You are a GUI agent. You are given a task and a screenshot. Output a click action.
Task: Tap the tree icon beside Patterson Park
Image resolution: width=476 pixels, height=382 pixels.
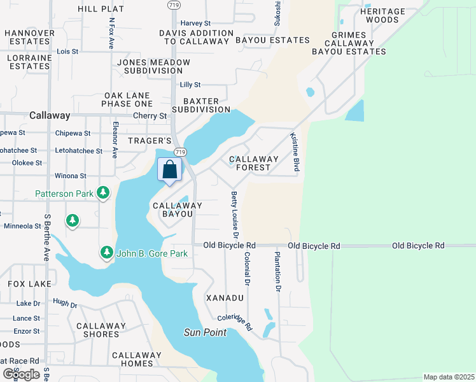(103, 193)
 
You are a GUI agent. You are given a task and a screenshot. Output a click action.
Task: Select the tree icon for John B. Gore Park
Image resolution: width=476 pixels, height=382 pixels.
(106, 253)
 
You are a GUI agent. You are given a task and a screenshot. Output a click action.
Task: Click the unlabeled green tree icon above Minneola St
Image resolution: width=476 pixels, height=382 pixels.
(73, 220)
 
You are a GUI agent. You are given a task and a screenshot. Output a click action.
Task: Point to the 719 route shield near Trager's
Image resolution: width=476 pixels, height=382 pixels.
(180, 152)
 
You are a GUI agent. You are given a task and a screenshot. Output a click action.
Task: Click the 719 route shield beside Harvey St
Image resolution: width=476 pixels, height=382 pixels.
(174, 4)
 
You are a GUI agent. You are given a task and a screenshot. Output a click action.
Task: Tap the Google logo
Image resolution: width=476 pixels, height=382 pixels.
(21, 374)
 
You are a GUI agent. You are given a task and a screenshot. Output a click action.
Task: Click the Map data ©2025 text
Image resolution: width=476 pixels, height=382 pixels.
(448, 377)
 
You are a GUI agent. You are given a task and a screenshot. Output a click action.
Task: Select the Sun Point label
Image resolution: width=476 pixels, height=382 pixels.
(205, 332)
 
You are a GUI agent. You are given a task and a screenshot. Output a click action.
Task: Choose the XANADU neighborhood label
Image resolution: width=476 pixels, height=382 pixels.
(225, 298)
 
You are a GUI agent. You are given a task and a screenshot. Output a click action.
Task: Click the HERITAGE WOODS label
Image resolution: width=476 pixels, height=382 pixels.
(382, 16)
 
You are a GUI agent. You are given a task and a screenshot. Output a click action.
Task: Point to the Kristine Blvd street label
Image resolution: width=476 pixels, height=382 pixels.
(295, 152)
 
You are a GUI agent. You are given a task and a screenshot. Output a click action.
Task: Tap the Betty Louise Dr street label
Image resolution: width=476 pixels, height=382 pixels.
(234, 215)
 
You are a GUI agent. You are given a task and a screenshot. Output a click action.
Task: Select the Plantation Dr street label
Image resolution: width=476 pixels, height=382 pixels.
(277, 272)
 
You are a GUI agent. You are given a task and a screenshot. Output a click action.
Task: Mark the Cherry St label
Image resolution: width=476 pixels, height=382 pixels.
(150, 116)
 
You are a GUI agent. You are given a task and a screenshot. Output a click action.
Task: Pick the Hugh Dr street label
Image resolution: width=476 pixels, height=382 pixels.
(64, 304)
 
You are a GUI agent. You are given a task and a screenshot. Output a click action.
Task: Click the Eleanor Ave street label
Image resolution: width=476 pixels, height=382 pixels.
(115, 139)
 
